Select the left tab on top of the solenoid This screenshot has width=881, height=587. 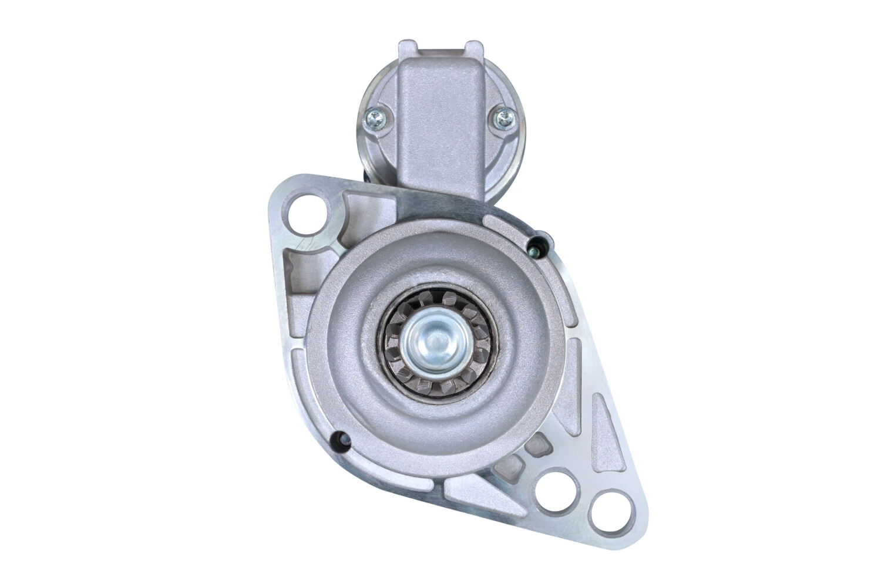pos(407,47)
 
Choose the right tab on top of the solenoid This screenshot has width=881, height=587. pos(473,47)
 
